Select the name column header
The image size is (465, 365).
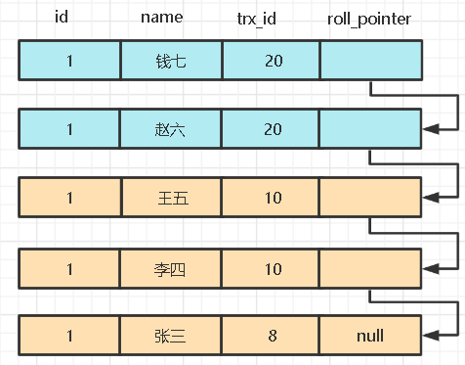tap(171, 18)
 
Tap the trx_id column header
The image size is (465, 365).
tap(273, 18)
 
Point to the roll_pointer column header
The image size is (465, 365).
tap(370, 18)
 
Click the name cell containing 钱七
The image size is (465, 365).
tap(171, 61)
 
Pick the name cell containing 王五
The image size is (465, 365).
tap(171, 198)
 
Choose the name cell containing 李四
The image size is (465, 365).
tap(171, 267)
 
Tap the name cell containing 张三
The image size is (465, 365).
tap(171, 336)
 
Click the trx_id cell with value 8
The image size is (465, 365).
tap(273, 336)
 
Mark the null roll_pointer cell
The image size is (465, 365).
tap(370, 336)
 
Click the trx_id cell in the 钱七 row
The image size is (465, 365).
tap(273, 61)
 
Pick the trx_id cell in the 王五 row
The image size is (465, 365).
tap(273, 198)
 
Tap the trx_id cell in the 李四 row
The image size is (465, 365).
tap(273, 267)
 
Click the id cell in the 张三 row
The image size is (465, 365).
tap(69, 336)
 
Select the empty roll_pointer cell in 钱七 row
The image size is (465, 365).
tap(370, 61)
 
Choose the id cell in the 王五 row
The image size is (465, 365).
tap(69, 198)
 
